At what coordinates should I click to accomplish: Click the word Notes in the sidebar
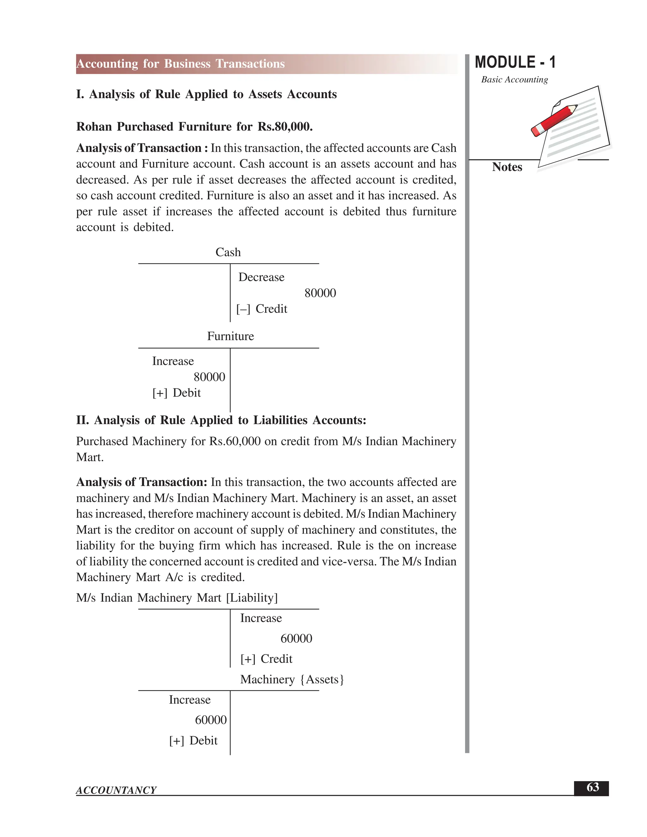tap(507, 167)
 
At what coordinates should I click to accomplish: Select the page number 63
tap(593, 787)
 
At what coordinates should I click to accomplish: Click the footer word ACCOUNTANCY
tap(116, 790)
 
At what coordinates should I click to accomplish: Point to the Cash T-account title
tap(228, 252)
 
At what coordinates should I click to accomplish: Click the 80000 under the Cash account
tap(320, 293)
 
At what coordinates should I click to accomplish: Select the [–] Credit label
tap(262, 309)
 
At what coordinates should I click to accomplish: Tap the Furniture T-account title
tap(230, 336)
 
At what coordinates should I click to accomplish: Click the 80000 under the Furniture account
tap(209, 377)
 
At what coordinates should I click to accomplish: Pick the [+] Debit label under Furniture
tap(176, 393)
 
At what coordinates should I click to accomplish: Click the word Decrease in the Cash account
tap(261, 277)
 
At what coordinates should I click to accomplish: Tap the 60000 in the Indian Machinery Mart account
tap(296, 638)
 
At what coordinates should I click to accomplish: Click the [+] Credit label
tap(266, 659)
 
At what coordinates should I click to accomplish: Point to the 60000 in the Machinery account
tap(211, 720)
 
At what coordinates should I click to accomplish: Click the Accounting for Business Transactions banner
tap(180, 63)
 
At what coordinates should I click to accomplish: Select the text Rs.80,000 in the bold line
tap(284, 126)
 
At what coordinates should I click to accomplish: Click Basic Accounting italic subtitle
tap(514, 80)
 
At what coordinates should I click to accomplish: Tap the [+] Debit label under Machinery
tap(193, 740)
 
